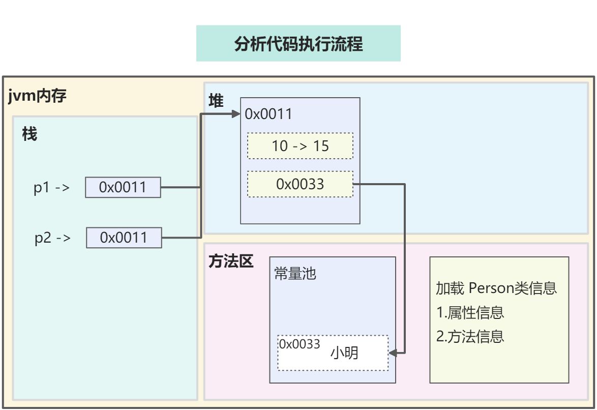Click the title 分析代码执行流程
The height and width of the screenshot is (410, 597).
(x=298, y=44)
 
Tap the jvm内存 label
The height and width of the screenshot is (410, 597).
(x=38, y=96)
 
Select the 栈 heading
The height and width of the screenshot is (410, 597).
(x=29, y=134)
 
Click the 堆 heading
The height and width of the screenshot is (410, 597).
(x=216, y=101)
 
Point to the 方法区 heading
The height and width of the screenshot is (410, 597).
(x=231, y=261)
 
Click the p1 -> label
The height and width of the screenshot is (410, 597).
(x=51, y=188)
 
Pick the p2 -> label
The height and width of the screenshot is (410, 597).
(x=52, y=238)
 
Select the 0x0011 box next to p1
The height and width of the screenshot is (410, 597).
(x=123, y=187)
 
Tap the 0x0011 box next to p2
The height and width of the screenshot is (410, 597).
(x=124, y=238)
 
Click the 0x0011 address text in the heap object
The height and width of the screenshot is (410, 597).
(x=268, y=114)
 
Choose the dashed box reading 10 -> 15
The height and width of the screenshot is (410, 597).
(x=300, y=146)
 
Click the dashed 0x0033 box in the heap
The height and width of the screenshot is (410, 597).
(x=300, y=184)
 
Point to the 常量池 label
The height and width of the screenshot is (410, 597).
(x=295, y=274)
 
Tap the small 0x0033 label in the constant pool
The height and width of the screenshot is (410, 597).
(x=300, y=344)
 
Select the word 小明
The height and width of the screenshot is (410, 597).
(x=344, y=353)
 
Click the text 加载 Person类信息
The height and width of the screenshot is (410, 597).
(x=496, y=288)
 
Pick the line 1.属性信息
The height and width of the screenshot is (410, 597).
(x=470, y=312)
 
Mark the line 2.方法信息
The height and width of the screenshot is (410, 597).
(x=470, y=336)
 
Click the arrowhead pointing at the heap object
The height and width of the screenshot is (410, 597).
(x=236, y=114)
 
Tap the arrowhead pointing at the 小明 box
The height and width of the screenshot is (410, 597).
(x=393, y=352)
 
